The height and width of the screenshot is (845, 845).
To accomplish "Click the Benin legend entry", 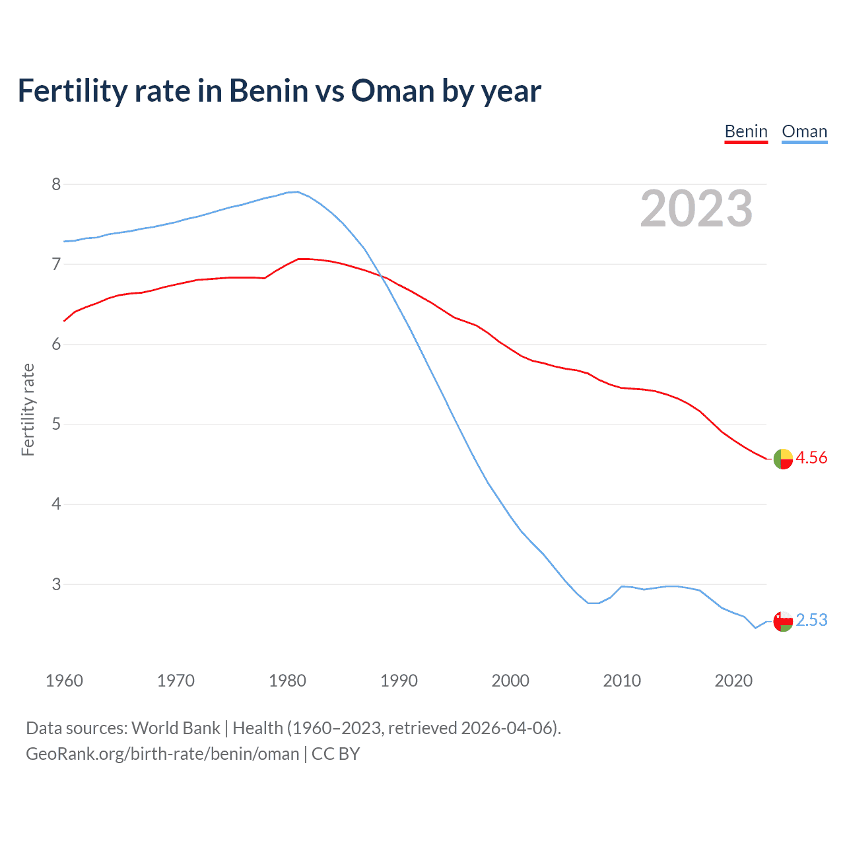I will [746, 131].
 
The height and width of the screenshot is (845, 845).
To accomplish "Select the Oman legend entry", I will [804, 131].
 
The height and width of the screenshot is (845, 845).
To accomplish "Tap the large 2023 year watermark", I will [696, 209].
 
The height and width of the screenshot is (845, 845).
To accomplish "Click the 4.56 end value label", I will [811, 457].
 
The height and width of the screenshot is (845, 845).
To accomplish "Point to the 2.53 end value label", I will [811, 620].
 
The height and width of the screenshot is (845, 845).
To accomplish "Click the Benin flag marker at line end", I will [783, 459].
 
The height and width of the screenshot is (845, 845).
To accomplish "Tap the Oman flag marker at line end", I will [783, 621].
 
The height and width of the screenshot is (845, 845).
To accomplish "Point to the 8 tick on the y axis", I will [56, 184].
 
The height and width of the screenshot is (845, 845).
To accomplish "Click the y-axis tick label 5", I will [56, 424].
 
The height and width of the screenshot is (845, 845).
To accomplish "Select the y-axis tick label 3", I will [56, 584].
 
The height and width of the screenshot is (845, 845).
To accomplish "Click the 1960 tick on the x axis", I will [64, 681].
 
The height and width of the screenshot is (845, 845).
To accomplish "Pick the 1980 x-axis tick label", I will [287, 681].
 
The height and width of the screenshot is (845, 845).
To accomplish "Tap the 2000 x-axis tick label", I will [510, 681].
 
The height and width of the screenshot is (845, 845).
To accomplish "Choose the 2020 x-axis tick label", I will [733, 681].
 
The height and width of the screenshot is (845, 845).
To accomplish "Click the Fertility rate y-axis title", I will [28, 409].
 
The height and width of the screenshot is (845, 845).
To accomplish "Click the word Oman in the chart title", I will [393, 90].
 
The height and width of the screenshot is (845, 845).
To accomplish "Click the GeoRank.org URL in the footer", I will [162, 754].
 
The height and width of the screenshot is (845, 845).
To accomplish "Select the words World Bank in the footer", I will [176, 728].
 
